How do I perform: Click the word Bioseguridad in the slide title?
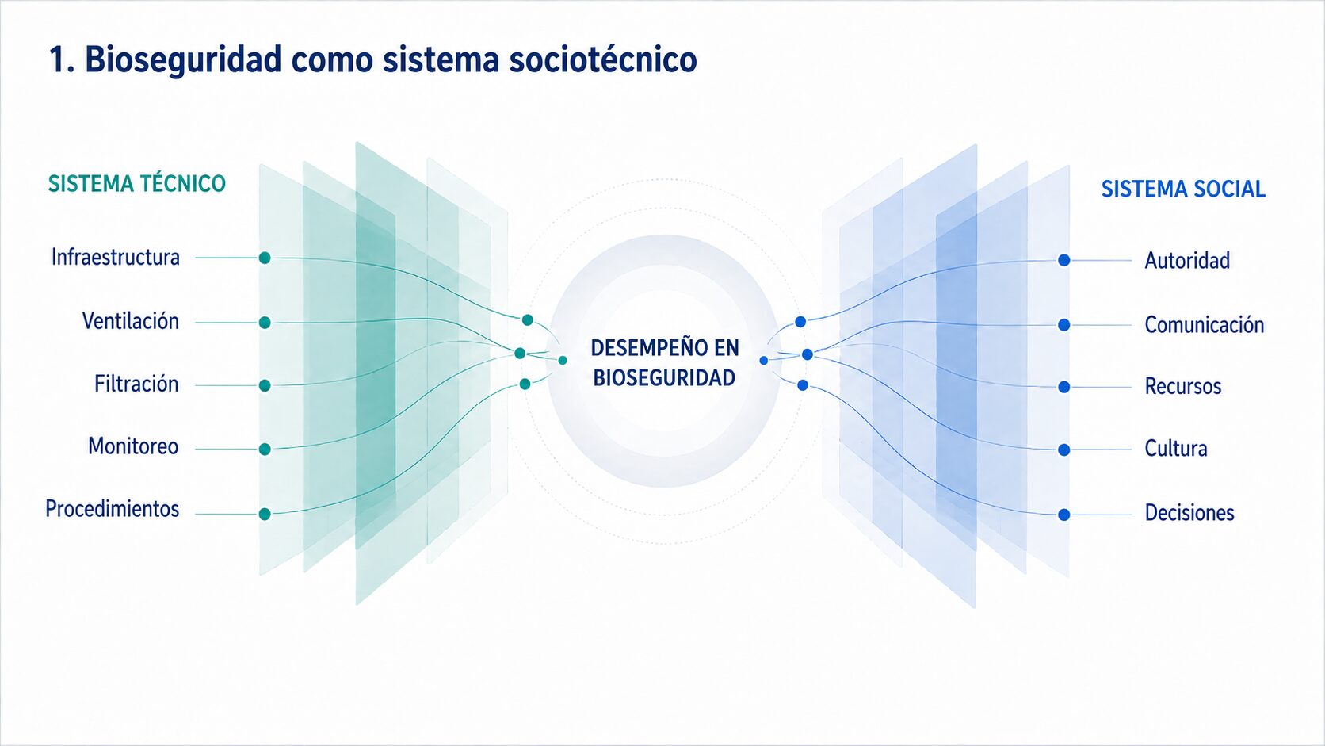coord(183,60)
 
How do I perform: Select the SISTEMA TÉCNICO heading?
coord(136,183)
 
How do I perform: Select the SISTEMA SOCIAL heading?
coord(1183,189)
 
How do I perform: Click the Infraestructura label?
coord(116,258)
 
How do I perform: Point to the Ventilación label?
coord(130,321)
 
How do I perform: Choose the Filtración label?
coord(136,384)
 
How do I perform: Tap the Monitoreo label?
coord(133,446)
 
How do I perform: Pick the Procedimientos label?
coord(113,509)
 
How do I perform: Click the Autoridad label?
coord(1187,260)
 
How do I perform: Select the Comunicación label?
coord(1205,325)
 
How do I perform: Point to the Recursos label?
coord(1183,386)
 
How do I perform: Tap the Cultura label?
coord(1176,449)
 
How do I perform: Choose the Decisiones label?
coord(1189,512)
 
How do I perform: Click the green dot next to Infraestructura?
coord(265,258)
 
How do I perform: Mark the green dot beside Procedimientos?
coord(265,514)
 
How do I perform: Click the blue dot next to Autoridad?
coord(1064,260)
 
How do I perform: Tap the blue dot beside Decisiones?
coord(1064,515)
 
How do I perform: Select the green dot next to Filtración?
coord(265,386)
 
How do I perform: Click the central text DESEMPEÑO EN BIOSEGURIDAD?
coord(665,362)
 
